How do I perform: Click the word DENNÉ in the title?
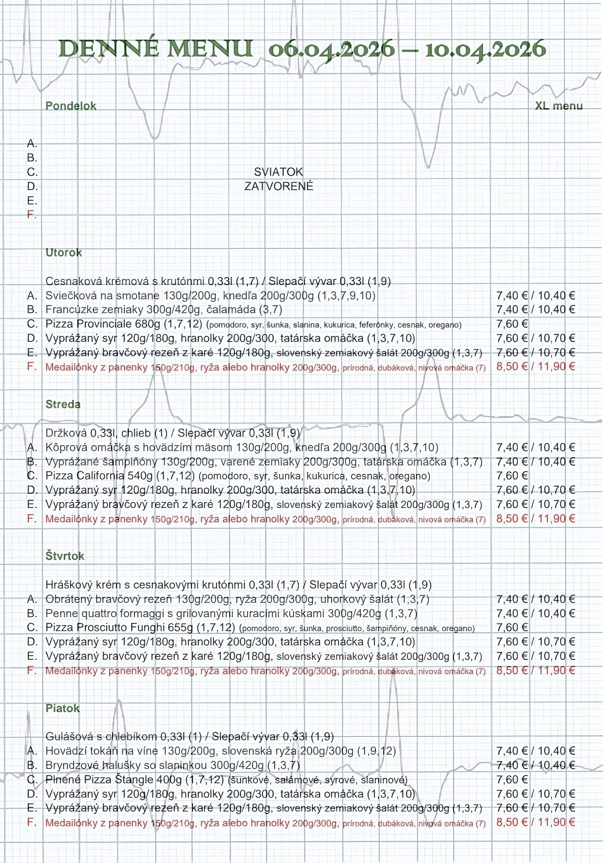[x=109, y=49]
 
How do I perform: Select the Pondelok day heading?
[x=71, y=106]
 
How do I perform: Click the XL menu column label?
[x=558, y=106]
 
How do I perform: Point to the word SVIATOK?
[x=278, y=172]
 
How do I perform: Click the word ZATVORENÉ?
[x=279, y=186]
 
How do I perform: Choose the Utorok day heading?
[x=63, y=252]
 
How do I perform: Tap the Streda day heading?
[x=63, y=405]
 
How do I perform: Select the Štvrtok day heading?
[x=65, y=556]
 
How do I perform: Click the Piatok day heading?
[x=62, y=708]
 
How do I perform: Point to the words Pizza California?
[x=85, y=476]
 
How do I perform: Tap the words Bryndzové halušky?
[x=86, y=765]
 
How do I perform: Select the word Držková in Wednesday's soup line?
[x=66, y=433]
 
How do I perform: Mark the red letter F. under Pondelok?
[x=32, y=215]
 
